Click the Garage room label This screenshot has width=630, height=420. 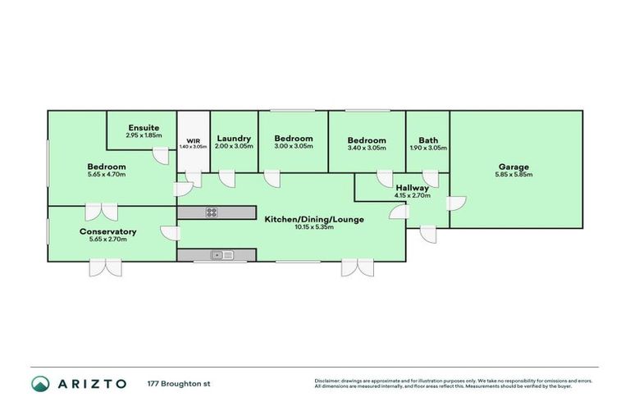[514, 167]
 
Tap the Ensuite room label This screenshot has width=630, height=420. [144, 127]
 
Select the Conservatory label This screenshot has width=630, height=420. [107, 231]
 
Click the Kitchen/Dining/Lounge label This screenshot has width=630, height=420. [313, 219]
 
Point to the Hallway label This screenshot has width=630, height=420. [412, 188]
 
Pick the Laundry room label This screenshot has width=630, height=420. [234, 139]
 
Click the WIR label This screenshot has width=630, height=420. [194, 140]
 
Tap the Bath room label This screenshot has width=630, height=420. [427, 139]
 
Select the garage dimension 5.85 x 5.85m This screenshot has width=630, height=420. [514, 175]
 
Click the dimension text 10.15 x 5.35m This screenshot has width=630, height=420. [313, 227]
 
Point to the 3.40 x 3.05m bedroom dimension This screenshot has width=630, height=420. [366, 147]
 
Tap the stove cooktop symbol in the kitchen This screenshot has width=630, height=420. [211, 212]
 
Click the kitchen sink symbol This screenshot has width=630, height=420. [221, 255]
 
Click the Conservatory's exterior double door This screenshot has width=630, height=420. [106, 268]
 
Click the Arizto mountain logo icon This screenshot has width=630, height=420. [41, 383]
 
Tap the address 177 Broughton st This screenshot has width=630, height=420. [179, 383]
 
